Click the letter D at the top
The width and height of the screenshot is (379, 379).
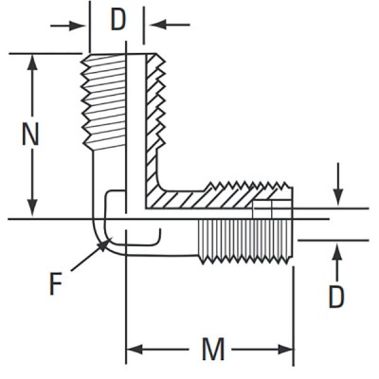(x=117, y=20)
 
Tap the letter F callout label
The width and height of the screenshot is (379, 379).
(x=56, y=282)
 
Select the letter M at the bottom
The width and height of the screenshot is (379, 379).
(x=213, y=350)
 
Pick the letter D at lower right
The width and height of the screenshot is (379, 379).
(x=336, y=297)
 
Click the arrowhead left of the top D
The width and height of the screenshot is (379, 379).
(x=82, y=23)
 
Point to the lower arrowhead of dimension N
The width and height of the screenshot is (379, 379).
(x=33, y=208)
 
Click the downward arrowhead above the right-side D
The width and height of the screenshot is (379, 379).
(x=338, y=199)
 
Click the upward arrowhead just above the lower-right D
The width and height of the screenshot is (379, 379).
(x=338, y=249)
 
